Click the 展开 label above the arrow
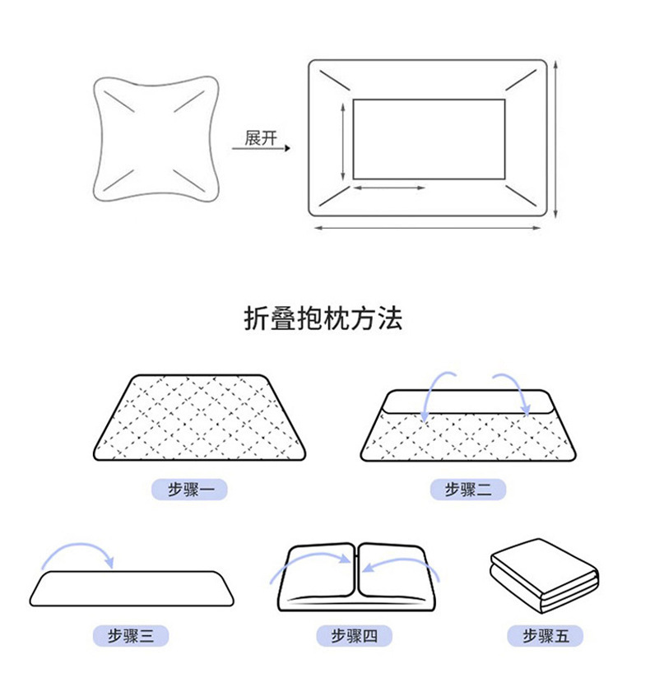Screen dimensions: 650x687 click(x=262, y=138)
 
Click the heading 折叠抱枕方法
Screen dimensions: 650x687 click(x=324, y=318)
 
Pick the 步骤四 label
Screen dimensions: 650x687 click(x=355, y=635)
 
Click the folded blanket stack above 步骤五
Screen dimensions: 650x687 click(x=544, y=575)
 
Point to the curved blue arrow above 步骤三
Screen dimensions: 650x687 click(x=79, y=550)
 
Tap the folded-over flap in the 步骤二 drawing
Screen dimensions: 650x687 click(x=467, y=402)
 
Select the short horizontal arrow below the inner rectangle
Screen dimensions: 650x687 click(x=390, y=188)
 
